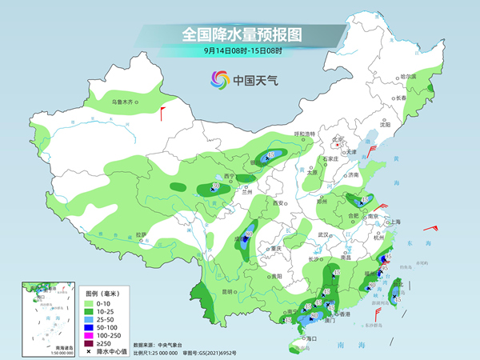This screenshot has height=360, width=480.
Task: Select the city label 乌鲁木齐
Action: click(x=126, y=102)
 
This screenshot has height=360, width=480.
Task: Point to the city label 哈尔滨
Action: click(x=408, y=76)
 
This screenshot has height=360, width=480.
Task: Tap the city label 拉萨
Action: click(x=141, y=234)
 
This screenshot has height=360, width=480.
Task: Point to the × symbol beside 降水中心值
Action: click(x=90, y=351)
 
